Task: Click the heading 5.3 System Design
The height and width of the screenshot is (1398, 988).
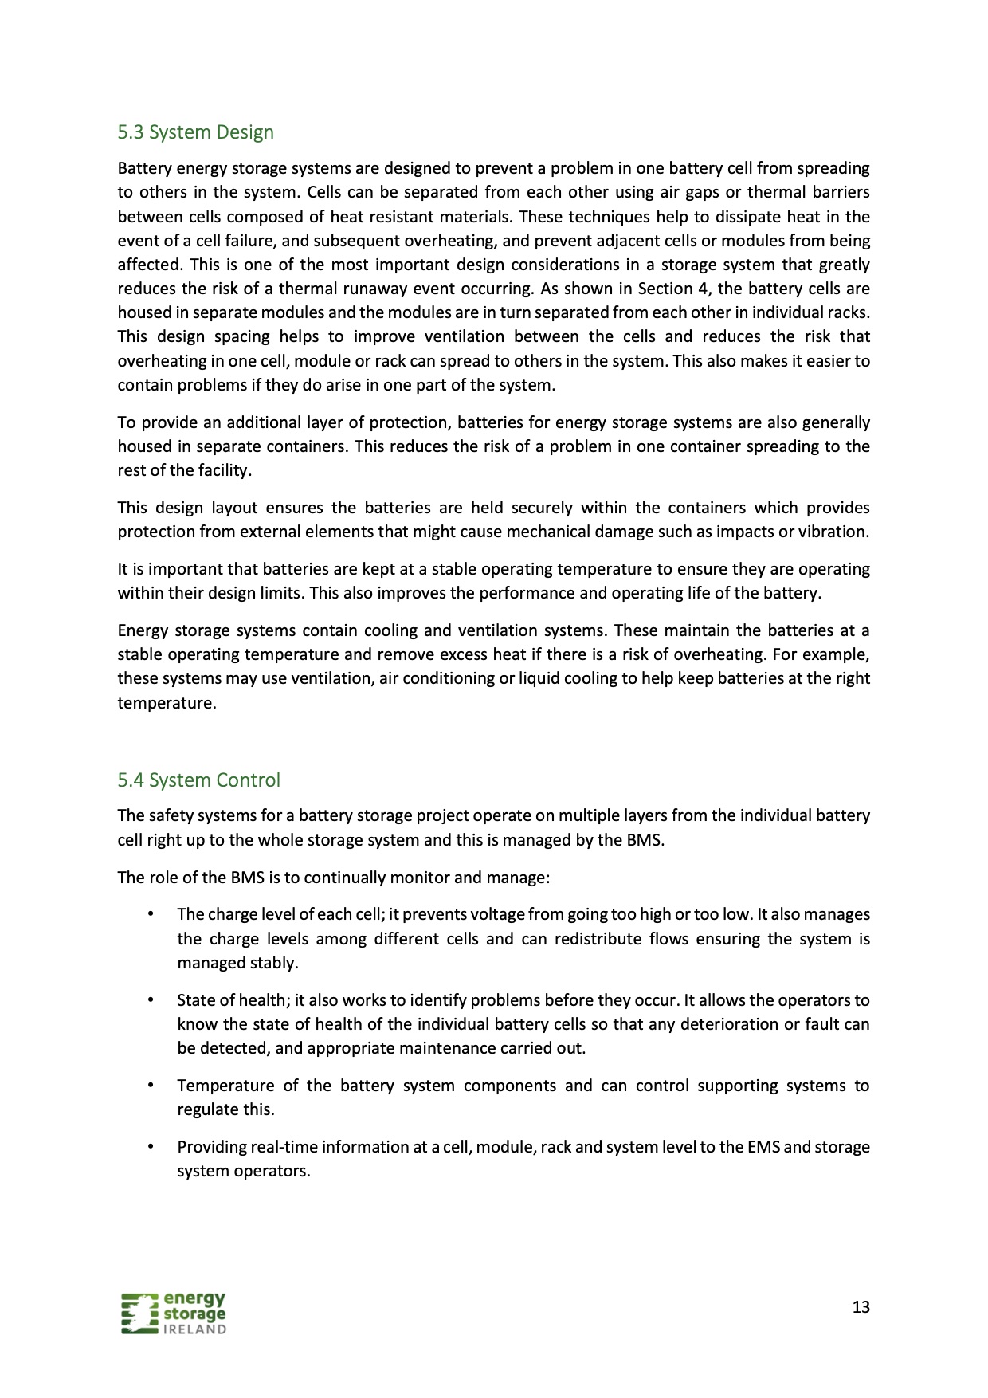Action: click(x=195, y=132)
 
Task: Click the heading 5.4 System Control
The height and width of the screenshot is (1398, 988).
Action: click(x=198, y=780)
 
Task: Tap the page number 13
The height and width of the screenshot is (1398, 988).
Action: click(x=861, y=1307)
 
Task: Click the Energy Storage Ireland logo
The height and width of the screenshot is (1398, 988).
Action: click(x=174, y=1313)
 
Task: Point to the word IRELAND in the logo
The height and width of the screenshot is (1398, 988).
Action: click(x=194, y=1329)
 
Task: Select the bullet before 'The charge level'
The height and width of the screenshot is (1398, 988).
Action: click(x=149, y=914)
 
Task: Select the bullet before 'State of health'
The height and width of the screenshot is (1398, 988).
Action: click(x=149, y=999)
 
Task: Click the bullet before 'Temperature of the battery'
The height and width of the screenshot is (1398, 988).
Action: click(x=149, y=1086)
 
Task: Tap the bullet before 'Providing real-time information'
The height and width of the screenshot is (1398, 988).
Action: click(x=149, y=1147)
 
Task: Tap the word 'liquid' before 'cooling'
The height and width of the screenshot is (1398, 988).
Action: click(x=543, y=678)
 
